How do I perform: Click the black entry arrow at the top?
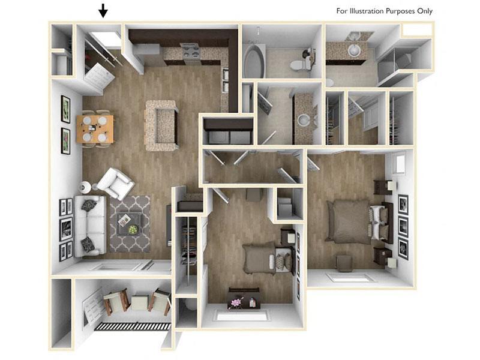point(103,11)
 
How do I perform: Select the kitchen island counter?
point(161,125)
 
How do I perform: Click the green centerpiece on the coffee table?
point(132,229)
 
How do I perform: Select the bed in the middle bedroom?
point(263,258)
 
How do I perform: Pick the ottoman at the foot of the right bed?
point(343,262)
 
